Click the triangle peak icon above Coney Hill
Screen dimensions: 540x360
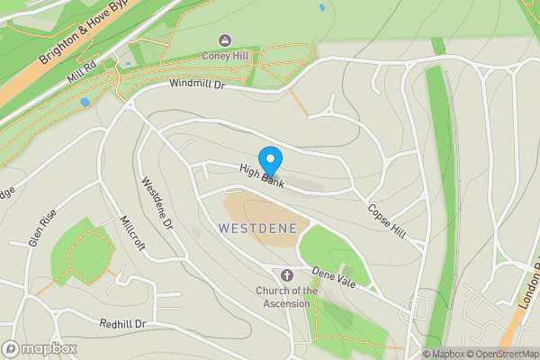225,40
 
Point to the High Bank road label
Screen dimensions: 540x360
261,175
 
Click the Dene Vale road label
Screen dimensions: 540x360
334,277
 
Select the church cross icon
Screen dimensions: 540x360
287,274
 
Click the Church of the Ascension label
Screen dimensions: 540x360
287,296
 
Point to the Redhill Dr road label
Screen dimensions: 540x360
122,323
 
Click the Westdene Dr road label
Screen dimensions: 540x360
156,202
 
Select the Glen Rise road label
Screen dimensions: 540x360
42,228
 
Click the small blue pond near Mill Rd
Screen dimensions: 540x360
85,102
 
